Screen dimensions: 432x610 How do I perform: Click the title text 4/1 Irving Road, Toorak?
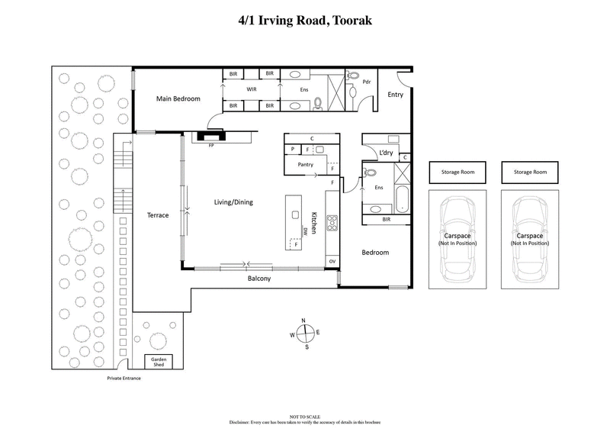click(305, 20)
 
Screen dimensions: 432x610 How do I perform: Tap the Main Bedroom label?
click(178, 99)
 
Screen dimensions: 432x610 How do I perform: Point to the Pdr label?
click(367, 82)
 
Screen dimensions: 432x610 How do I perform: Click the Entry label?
click(395, 95)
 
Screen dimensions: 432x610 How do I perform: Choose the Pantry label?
click(294, 164)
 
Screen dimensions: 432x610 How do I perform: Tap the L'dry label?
click(386, 153)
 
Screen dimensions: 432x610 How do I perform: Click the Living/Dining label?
click(233, 202)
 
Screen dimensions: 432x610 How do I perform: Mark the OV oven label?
click(332, 262)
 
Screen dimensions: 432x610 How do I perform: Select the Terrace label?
click(157, 216)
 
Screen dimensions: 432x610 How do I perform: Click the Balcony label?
click(259, 279)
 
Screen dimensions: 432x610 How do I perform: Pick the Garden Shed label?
click(159, 362)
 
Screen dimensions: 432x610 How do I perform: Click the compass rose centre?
click(304, 333)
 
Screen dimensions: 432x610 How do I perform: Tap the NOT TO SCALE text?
click(304, 417)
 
